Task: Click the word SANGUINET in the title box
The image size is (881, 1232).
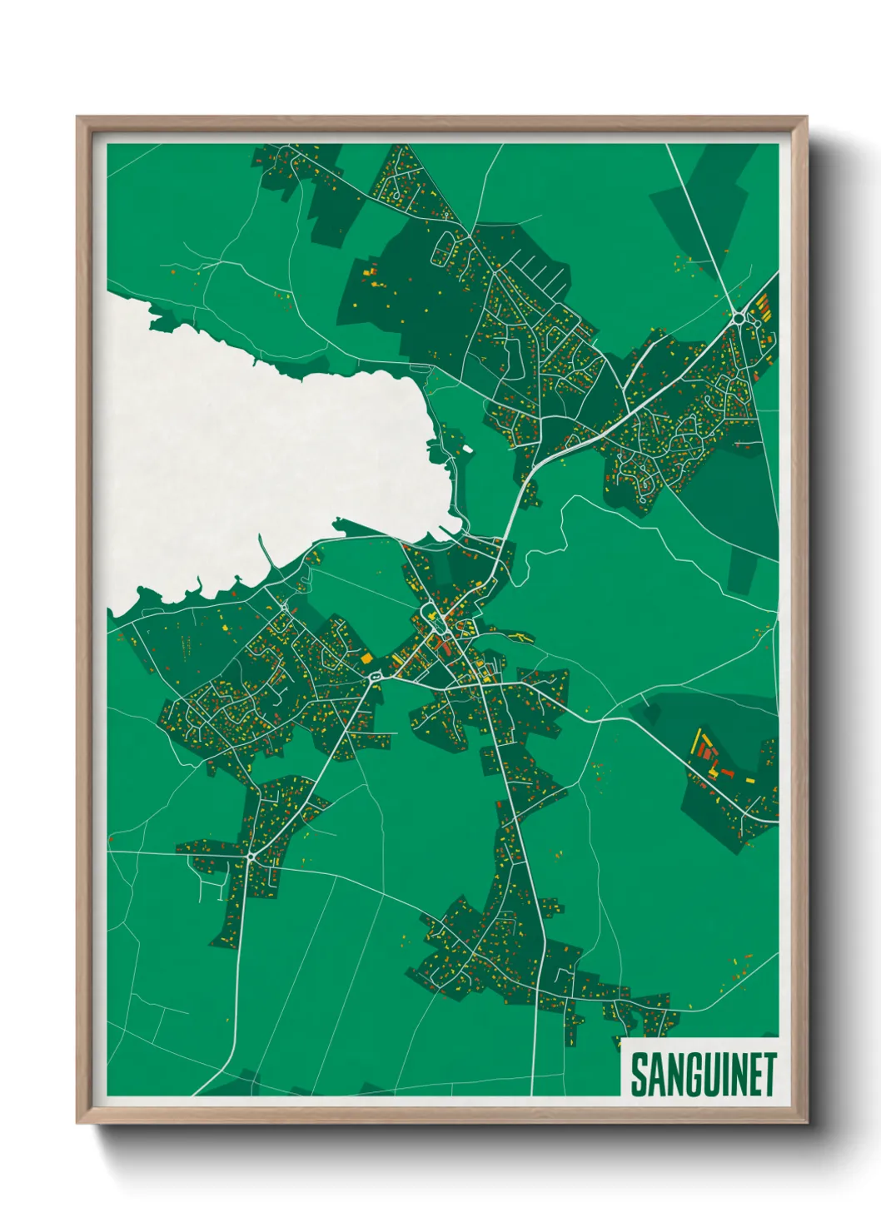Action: click(x=703, y=1075)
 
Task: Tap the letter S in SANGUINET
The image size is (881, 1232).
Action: click(x=639, y=1075)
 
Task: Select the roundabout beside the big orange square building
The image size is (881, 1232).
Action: click(x=377, y=676)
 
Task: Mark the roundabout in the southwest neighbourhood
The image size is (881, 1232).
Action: click(x=250, y=856)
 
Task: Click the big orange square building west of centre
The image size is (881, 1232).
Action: click(x=366, y=658)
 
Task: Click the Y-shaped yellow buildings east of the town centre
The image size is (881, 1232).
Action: click(x=522, y=638)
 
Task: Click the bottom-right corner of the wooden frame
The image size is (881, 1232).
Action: click(x=805, y=1121)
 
